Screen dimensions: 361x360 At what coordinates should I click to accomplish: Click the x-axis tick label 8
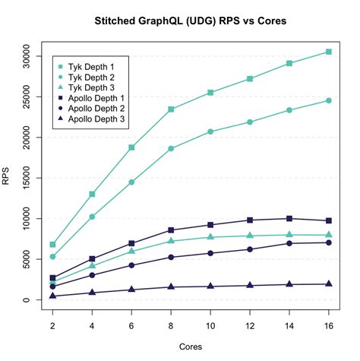pos(171,326)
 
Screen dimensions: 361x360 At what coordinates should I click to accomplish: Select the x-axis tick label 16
pos(328,326)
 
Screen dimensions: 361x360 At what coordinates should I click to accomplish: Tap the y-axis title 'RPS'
pos(7,178)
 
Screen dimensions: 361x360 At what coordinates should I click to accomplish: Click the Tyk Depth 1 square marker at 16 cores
pos(328,52)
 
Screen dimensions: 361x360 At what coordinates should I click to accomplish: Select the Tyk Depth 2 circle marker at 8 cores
pos(171,148)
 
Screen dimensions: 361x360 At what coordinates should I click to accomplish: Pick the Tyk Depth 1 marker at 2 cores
pos(52,245)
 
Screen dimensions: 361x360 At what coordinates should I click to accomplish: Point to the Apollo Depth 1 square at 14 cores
pos(289,218)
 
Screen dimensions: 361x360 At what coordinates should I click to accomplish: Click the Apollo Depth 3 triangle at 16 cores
pos(328,284)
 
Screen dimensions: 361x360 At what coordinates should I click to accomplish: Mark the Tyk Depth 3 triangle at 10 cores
pos(210,237)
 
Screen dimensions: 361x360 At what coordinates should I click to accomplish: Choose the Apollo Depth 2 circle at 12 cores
pos(250,249)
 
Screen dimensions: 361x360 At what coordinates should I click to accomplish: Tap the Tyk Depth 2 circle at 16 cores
pos(328,100)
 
